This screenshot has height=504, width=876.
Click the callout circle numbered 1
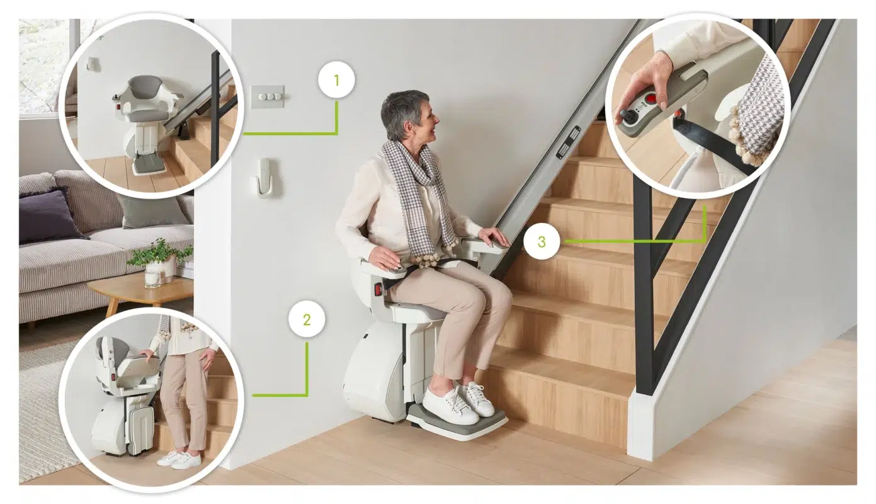(x=336, y=80)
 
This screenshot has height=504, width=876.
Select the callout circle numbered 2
(x=307, y=319)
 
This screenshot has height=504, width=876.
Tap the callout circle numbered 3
(x=542, y=242)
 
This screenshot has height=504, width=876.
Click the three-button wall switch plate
(x=268, y=97)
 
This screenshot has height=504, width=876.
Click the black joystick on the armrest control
(x=624, y=115)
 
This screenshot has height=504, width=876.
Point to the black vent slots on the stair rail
(x=568, y=142)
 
